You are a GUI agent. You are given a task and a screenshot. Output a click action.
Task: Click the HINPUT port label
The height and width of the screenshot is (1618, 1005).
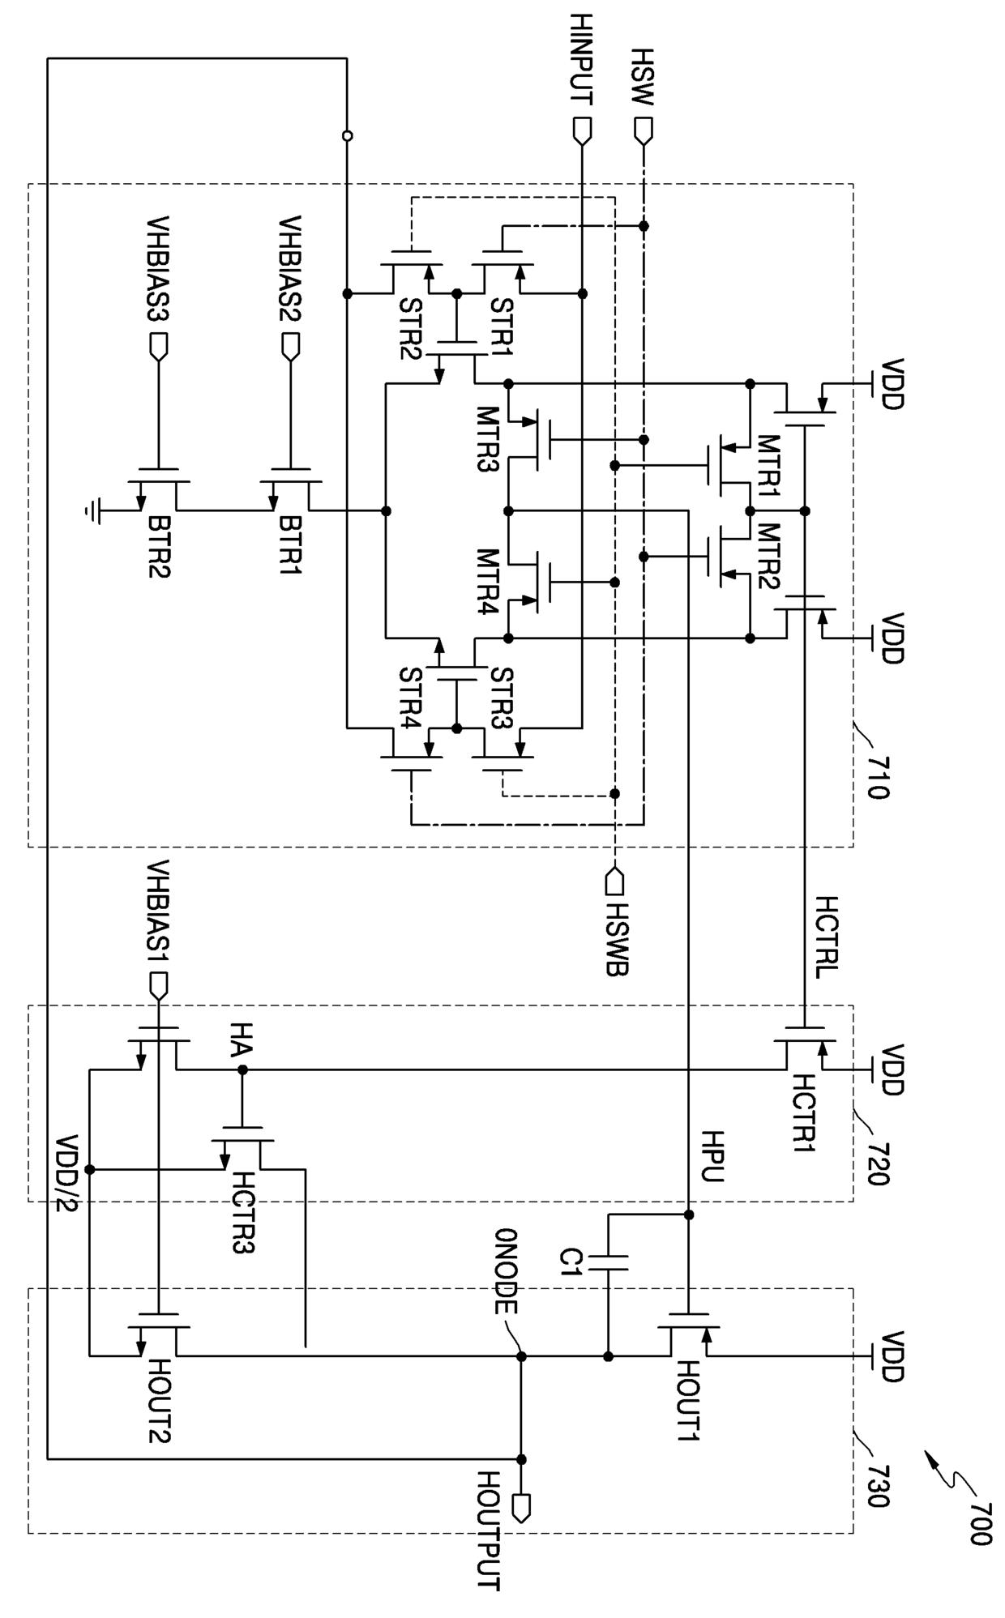[x=581, y=60]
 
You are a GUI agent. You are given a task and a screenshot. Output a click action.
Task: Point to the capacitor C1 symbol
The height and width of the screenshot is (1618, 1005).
[x=609, y=1262]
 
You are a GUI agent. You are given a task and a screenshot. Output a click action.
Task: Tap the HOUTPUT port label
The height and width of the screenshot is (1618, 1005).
[x=489, y=1530]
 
